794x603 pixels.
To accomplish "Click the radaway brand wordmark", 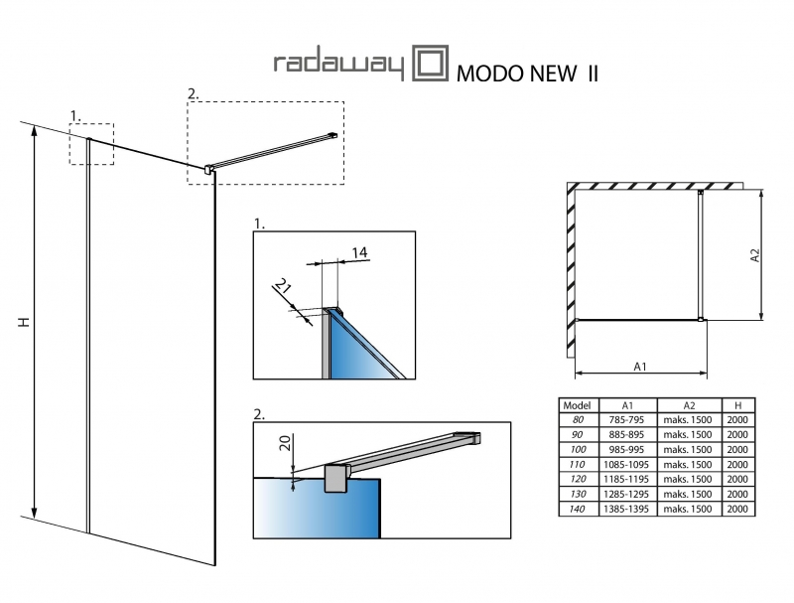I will pos(337,66).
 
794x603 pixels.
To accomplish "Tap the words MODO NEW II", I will pos(526,73).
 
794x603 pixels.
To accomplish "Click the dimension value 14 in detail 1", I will pos(360,253).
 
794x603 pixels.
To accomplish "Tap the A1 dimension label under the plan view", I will pos(640,367).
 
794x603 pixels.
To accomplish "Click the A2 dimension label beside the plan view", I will pos(755,254).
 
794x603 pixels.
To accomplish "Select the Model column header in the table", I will pos(577,406).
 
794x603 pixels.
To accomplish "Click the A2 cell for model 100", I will pos(688,449).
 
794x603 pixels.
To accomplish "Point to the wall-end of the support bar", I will pos(332,135).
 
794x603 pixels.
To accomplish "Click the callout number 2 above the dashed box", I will pos(193,93).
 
